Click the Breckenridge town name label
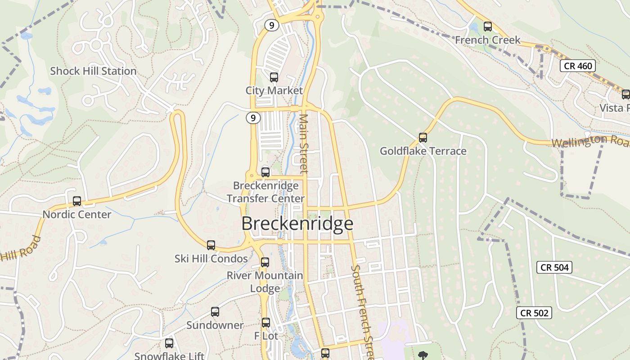click(x=297, y=224)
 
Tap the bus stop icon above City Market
click(x=274, y=77)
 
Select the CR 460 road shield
click(x=578, y=66)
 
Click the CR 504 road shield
click(x=554, y=267)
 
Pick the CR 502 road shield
click(x=534, y=313)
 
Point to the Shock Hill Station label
click(x=93, y=71)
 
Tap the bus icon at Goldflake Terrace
click(x=423, y=138)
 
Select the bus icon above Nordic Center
click(x=77, y=201)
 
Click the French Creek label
click(x=487, y=40)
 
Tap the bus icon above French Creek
click(x=488, y=27)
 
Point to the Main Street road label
click(x=304, y=143)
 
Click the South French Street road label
click(x=363, y=310)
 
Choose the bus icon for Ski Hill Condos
click(x=211, y=245)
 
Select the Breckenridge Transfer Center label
click(x=265, y=192)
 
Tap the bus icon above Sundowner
click(x=215, y=312)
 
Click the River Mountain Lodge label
click(x=265, y=282)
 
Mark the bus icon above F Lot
click(x=266, y=323)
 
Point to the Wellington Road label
click(x=589, y=141)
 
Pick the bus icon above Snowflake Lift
click(x=169, y=343)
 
